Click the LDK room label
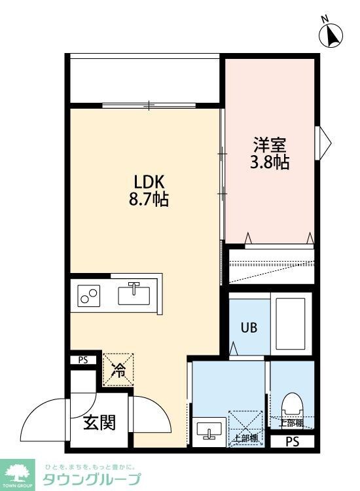click(x=153, y=181)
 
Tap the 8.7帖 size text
click(x=153, y=200)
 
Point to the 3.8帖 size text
click(x=270, y=162)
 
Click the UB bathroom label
click(x=248, y=327)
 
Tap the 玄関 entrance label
click(x=99, y=423)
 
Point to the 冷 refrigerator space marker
click(x=118, y=371)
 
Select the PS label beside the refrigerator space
click(x=82, y=359)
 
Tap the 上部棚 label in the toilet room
click(x=290, y=424)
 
